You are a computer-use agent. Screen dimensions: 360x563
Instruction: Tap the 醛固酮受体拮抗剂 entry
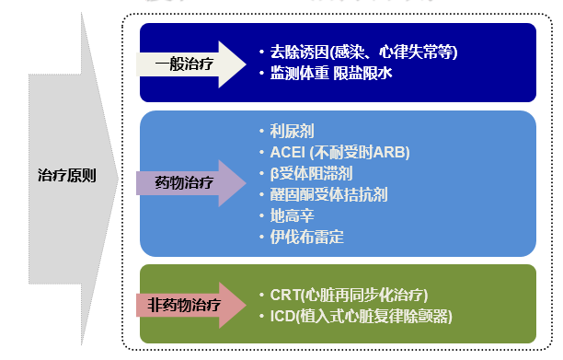tap(325, 194)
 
